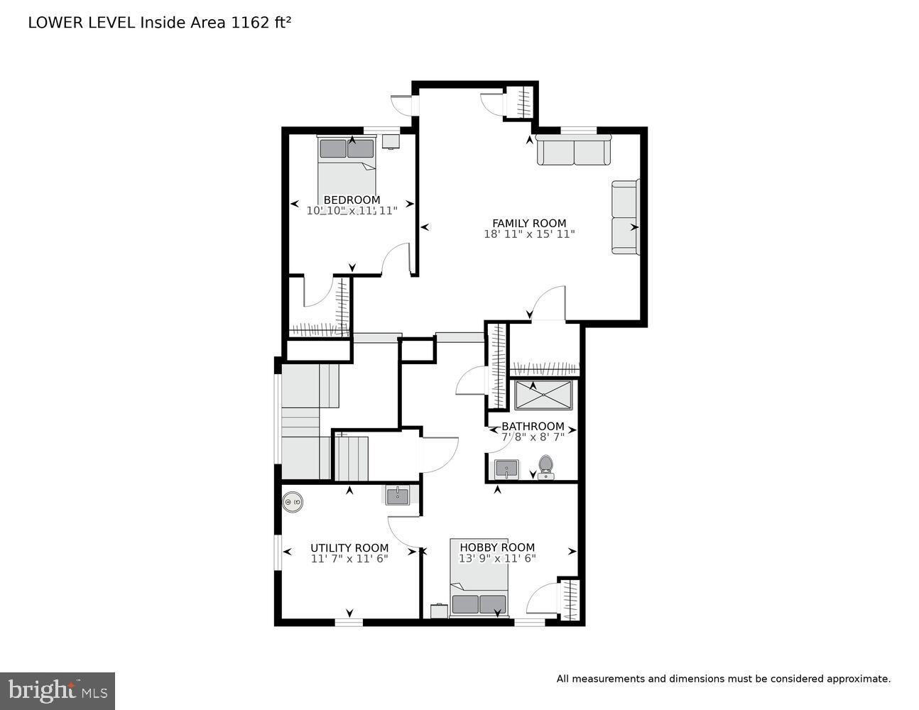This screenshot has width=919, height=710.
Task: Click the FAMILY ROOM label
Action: [x=529, y=223]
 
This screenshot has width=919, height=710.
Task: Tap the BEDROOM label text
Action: [x=352, y=200]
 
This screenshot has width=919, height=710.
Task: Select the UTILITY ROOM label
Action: [x=349, y=547]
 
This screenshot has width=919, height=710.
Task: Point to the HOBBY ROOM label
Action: [x=496, y=547]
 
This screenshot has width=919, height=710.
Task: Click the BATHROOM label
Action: [x=533, y=426]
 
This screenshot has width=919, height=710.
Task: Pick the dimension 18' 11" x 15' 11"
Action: [x=529, y=234]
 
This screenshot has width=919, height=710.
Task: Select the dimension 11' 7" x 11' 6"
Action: [x=349, y=558]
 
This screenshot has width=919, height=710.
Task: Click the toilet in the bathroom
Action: [x=545, y=466]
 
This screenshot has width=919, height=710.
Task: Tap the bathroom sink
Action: [x=506, y=469]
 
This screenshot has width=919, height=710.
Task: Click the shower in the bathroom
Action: [x=543, y=395]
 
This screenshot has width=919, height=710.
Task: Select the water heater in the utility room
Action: [x=293, y=503]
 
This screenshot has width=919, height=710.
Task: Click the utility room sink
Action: [x=397, y=495]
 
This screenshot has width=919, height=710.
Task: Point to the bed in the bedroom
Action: [x=347, y=170]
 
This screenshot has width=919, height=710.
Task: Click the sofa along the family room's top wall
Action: [x=573, y=151]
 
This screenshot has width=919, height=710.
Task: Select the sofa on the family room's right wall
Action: [x=625, y=217]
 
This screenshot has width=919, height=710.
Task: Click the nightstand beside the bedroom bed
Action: [x=391, y=141]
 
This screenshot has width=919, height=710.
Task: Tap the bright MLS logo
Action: [x=58, y=690]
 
